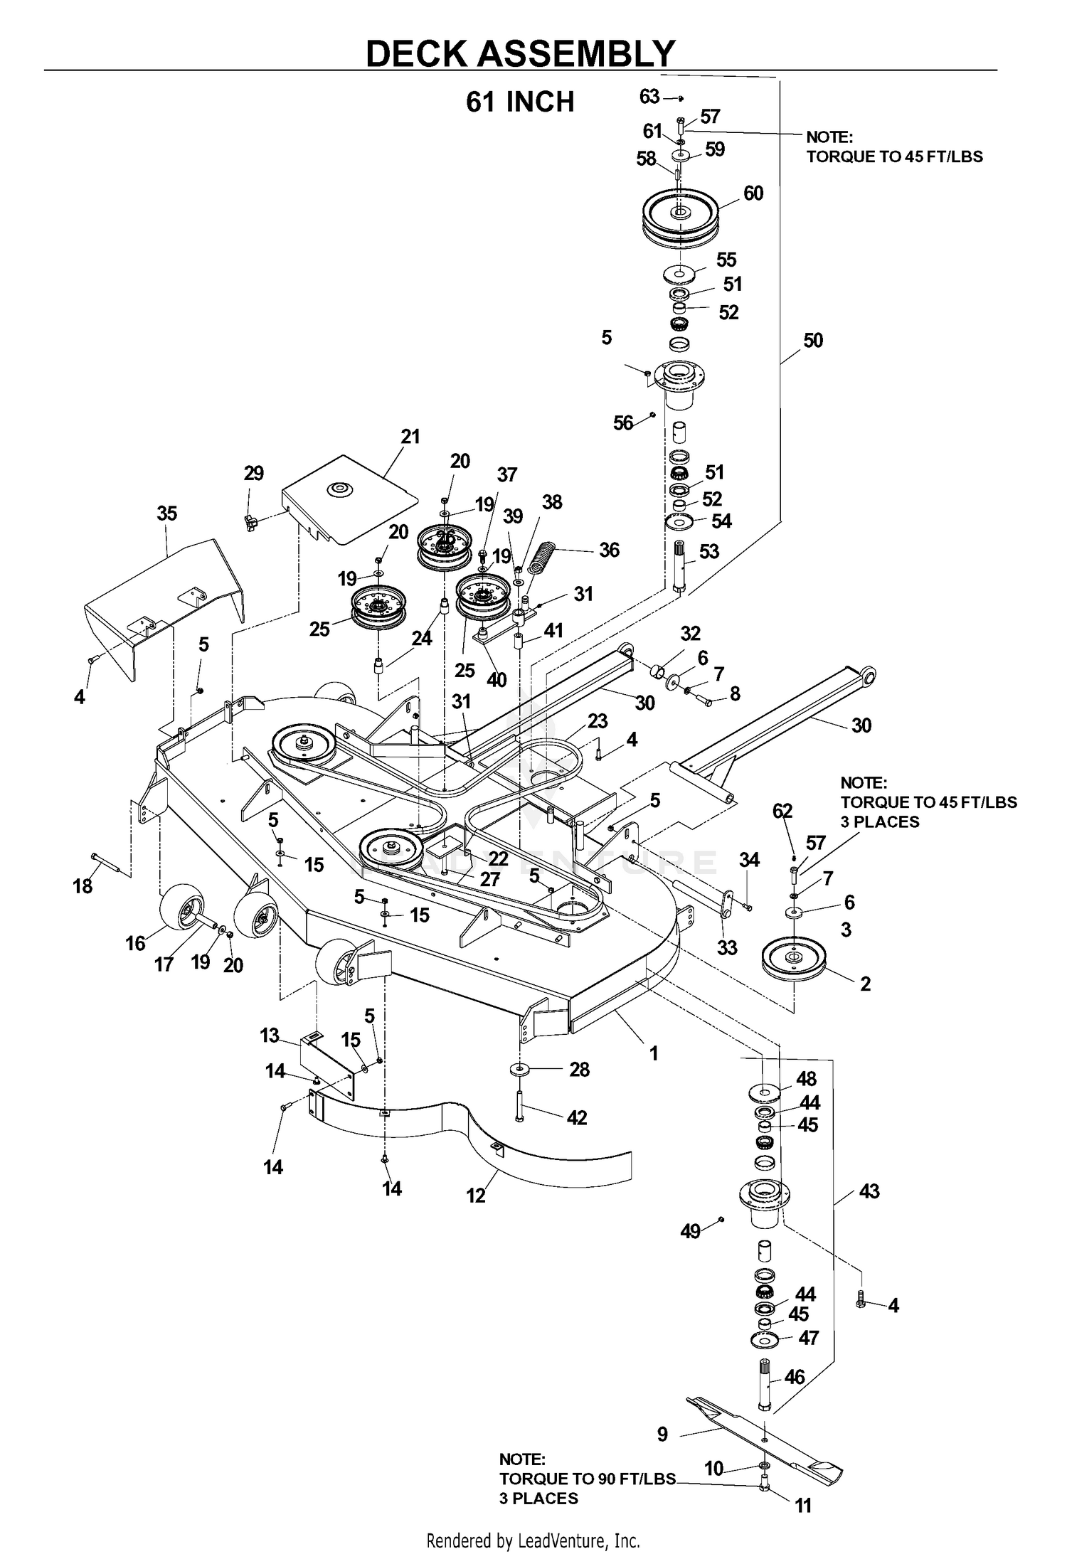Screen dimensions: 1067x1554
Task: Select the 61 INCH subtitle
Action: tap(520, 102)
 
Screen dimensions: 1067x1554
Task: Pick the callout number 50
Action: tap(813, 341)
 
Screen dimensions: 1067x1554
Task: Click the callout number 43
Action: tap(869, 1191)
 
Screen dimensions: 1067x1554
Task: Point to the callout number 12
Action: tap(476, 1195)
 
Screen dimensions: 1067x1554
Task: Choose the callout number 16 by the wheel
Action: tap(135, 944)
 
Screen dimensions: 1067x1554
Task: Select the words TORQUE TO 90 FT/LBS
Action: tap(587, 1479)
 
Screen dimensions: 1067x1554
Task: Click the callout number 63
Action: tap(650, 96)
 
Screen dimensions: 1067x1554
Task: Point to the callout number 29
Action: tap(254, 474)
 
